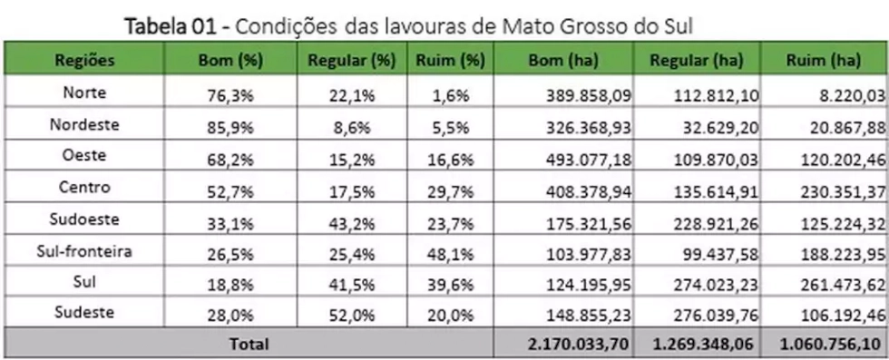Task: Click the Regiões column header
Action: tap(84, 60)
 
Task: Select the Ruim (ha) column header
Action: tap(824, 61)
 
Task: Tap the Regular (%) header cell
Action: tap(352, 61)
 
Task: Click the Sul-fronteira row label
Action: tap(84, 251)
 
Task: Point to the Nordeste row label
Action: tap(84, 124)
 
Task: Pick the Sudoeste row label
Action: tap(84, 219)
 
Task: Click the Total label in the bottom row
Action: tap(249, 344)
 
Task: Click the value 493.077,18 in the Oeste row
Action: tap(589, 160)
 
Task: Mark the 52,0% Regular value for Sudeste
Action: tap(352, 316)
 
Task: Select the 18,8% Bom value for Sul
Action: tap(230, 285)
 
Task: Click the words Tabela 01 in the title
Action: tap(171, 26)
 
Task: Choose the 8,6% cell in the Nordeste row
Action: tap(352, 128)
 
